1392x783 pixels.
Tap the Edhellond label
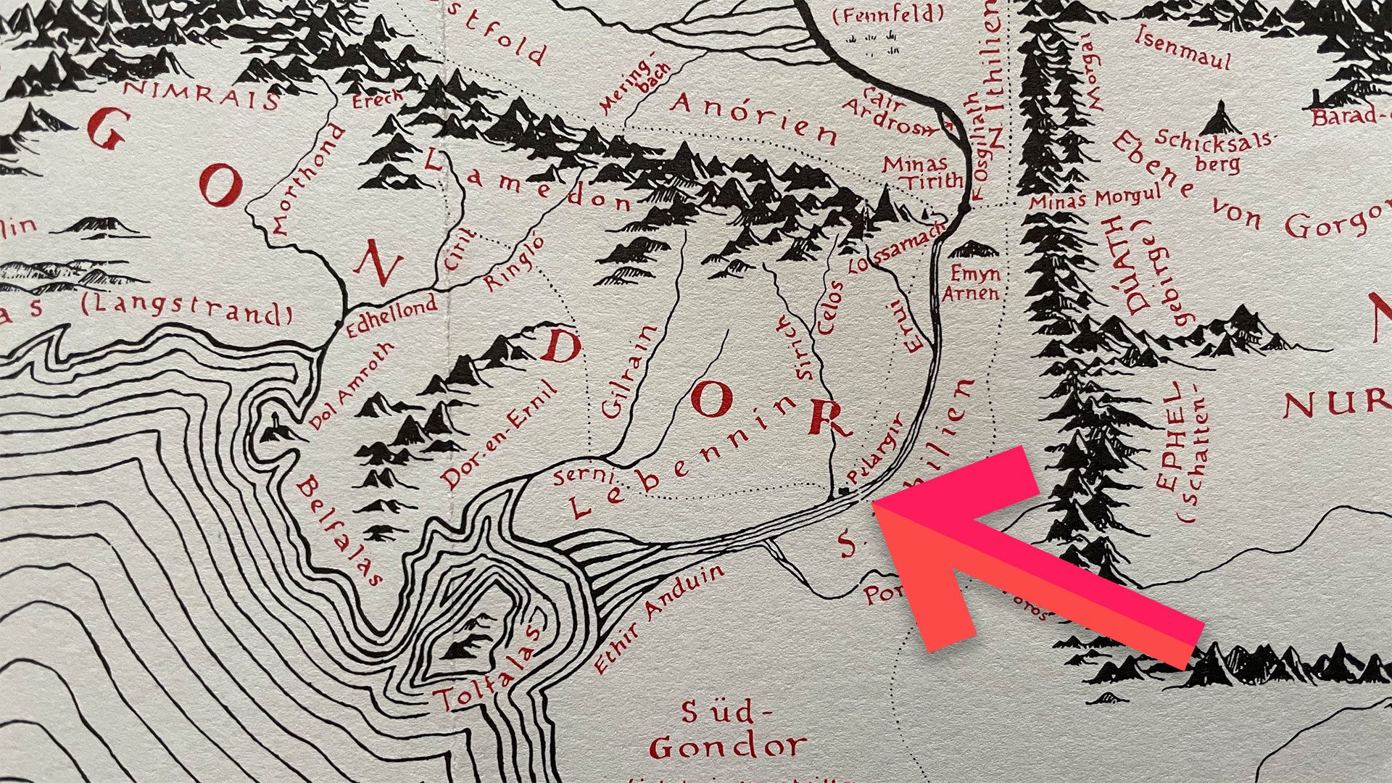(391, 315)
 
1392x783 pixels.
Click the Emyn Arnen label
(972, 283)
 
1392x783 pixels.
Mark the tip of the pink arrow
(874, 505)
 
